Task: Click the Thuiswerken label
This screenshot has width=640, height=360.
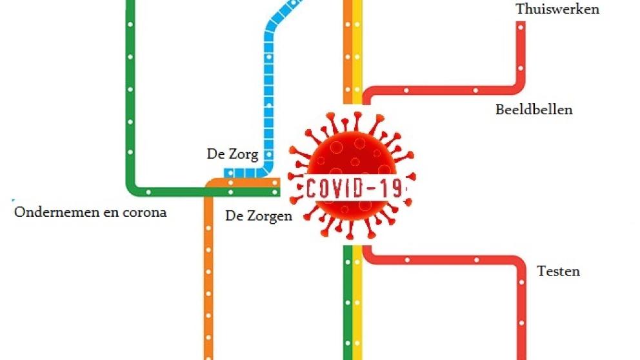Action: click(x=557, y=9)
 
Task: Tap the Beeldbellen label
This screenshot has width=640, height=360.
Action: click(x=534, y=110)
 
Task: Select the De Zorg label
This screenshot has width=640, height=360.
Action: click(x=232, y=154)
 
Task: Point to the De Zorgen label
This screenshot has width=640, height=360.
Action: click(x=258, y=216)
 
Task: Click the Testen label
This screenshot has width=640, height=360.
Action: click(x=558, y=271)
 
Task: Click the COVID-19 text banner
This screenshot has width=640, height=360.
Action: click(x=353, y=188)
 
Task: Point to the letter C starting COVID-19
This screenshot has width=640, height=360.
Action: click(x=312, y=188)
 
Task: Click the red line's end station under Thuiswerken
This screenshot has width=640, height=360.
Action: click(x=520, y=26)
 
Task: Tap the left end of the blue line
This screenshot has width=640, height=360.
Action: click(x=228, y=173)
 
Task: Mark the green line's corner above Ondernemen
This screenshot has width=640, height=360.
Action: click(x=133, y=188)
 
